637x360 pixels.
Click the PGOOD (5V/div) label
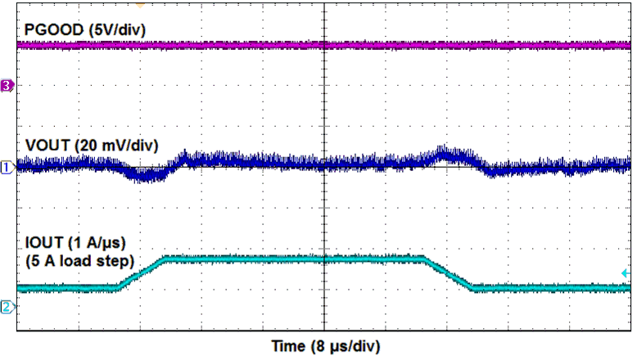tap(78, 29)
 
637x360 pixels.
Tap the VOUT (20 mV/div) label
tap(92, 146)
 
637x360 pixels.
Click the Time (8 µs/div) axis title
tap(325, 345)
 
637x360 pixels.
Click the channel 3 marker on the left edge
tap(7, 85)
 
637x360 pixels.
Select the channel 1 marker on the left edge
tap(7, 168)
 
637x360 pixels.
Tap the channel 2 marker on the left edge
tap(7, 307)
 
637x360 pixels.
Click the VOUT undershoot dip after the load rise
tap(144, 174)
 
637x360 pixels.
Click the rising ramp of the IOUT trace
tap(142, 273)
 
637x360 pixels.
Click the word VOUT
tap(47, 146)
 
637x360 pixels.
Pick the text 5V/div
tap(106, 29)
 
